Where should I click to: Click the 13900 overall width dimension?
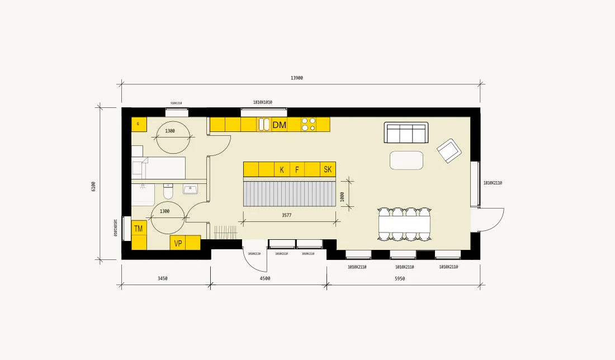coord(297,78)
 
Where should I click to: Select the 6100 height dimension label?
coord(93,186)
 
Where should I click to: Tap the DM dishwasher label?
coord(279,125)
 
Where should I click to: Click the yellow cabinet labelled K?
coord(282,169)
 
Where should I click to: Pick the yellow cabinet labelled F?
coord(297,169)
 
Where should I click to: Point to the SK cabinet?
coord(328,169)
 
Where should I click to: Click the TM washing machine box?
coord(139,229)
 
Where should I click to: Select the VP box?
coord(178,243)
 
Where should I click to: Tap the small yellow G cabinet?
coord(138,124)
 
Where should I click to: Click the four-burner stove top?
coord(308,124)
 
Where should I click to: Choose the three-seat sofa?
coord(406,133)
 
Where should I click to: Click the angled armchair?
coord(448,150)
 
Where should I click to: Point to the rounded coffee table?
coord(406,160)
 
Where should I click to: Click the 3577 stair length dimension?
coord(287,215)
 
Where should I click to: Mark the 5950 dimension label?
coord(400,278)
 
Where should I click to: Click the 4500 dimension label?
coord(265,278)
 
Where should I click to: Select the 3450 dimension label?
coord(163,278)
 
